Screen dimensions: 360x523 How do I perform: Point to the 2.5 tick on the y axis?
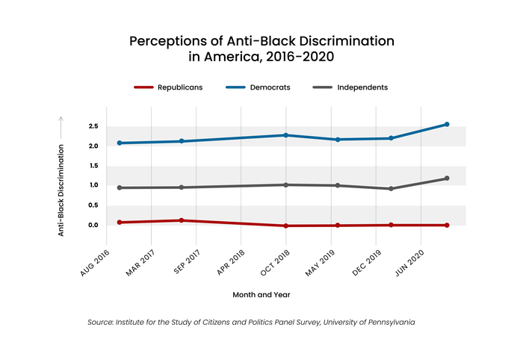93,126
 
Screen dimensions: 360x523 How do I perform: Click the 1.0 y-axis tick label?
93,185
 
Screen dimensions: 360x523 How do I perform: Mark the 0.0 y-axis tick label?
93,225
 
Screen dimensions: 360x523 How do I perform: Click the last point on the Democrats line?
447,124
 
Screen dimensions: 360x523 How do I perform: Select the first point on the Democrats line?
120,143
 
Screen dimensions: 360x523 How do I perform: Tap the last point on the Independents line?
447,179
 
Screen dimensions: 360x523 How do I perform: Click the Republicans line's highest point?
182,220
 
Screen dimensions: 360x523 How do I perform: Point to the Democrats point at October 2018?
285,135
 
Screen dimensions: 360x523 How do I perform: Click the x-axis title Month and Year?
261,294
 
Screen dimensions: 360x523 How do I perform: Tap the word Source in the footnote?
104,323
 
